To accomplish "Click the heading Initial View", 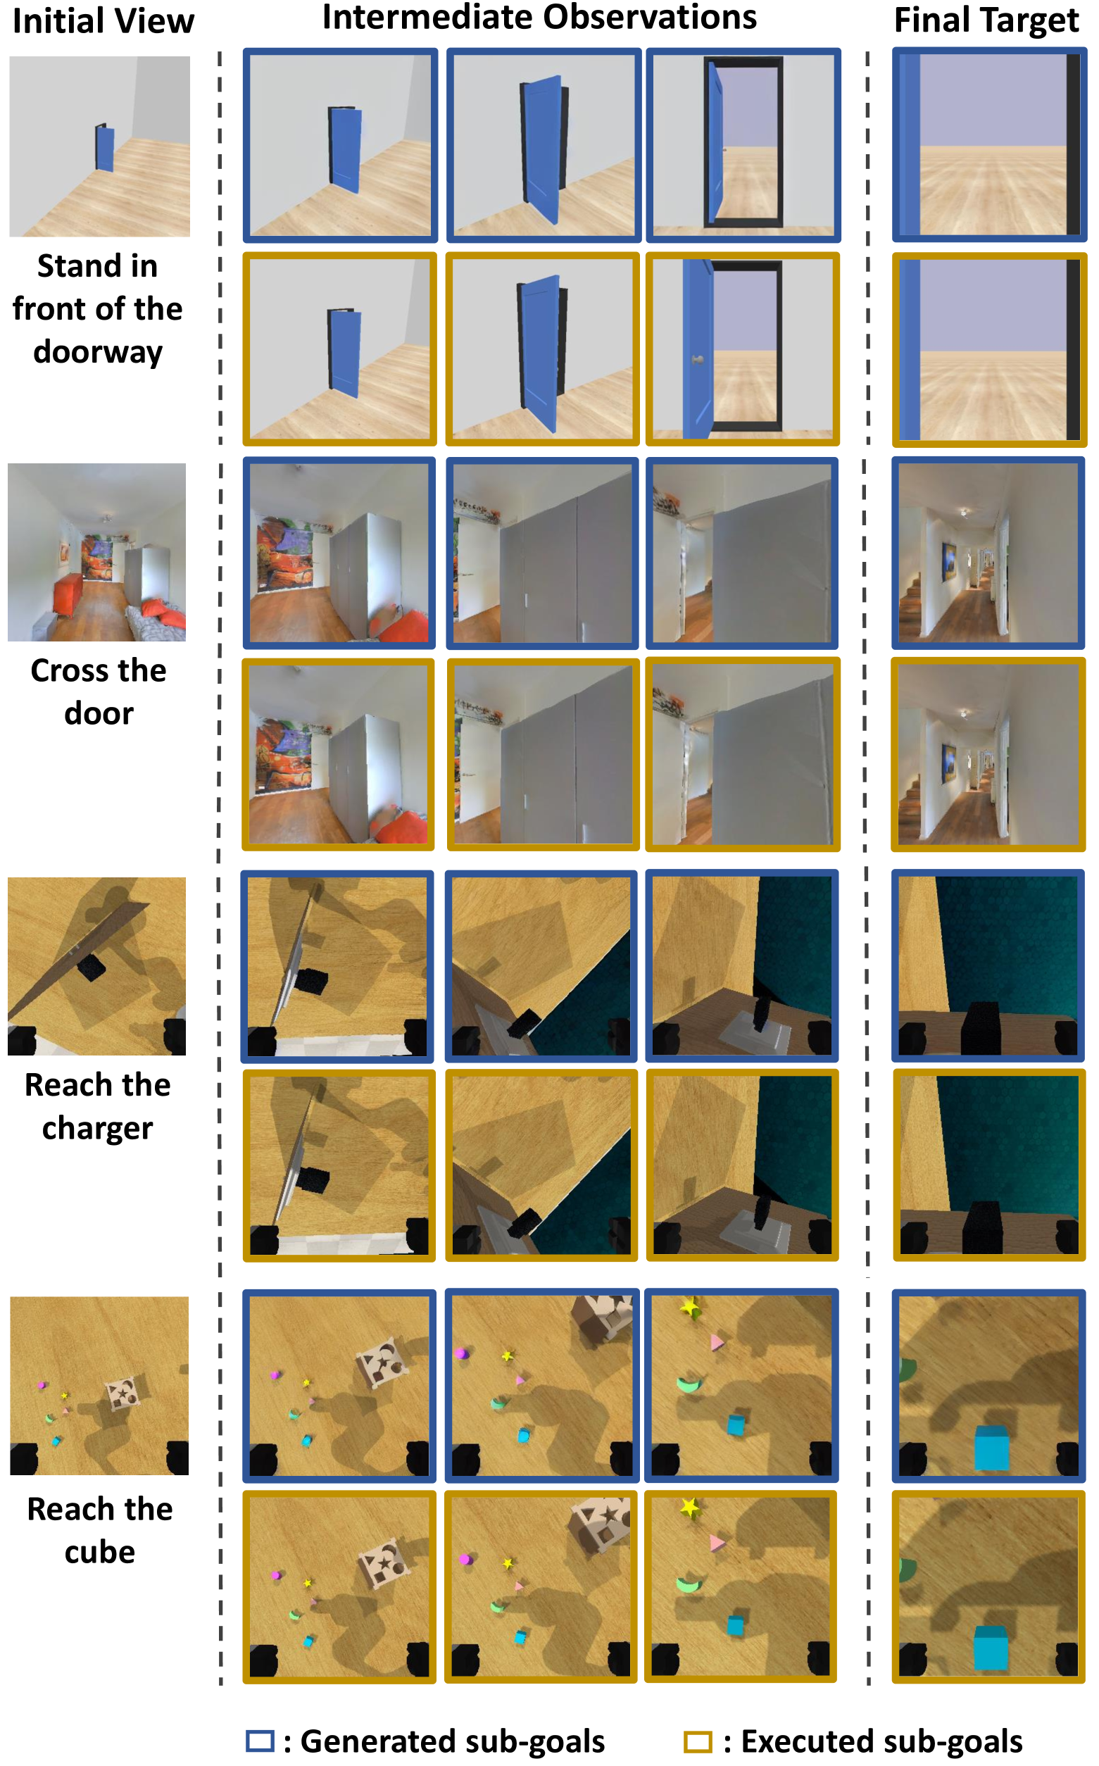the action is pos(103,21).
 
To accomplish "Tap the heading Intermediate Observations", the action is pos(539,17).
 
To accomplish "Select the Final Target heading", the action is pos(986,21).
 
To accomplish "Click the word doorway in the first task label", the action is pos(98,353).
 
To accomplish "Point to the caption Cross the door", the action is pos(99,691).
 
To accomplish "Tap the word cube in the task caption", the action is pos(99,1552).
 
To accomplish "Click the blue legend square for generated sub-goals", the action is pos(260,1741).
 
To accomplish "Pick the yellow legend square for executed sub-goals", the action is pos(698,1741).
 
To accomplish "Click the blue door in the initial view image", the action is pos(105,148).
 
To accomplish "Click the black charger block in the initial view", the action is pos(91,967).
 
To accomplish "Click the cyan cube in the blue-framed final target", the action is pos(991,1448).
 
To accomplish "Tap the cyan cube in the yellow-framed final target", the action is pos(990,1648).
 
